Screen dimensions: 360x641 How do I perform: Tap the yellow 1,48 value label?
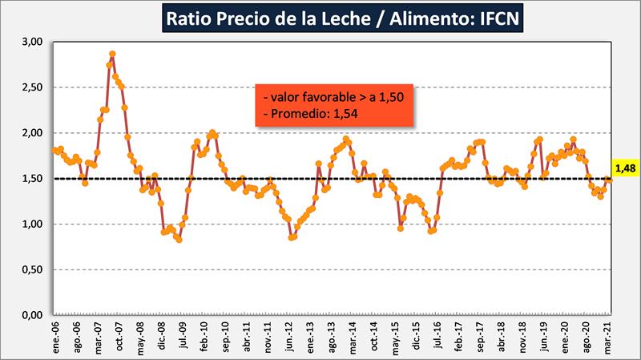[x=625, y=168]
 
